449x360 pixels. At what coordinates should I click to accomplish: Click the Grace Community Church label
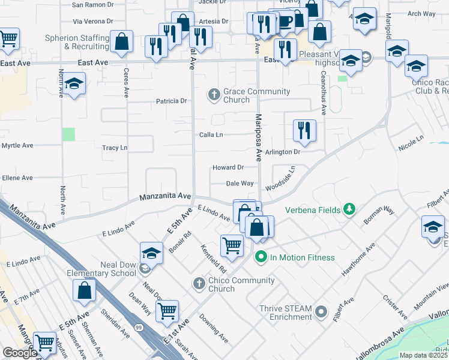click(256, 95)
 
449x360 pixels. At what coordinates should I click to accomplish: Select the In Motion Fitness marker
click(261, 257)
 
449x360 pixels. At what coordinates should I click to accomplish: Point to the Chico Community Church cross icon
click(199, 282)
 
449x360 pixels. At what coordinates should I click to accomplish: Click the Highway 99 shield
click(139, 326)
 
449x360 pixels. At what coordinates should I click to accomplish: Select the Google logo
click(20, 353)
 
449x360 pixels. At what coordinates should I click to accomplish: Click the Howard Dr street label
click(228, 167)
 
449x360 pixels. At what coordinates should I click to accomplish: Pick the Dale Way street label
click(240, 184)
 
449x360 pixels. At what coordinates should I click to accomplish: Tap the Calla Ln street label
click(211, 135)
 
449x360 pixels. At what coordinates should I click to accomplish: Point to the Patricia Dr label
click(172, 101)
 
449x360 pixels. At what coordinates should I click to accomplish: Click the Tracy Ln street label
click(115, 148)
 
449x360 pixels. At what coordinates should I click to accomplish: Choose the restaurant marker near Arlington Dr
click(304, 130)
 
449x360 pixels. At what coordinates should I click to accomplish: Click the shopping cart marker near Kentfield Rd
click(232, 245)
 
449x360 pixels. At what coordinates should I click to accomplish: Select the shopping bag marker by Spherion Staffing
click(122, 42)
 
